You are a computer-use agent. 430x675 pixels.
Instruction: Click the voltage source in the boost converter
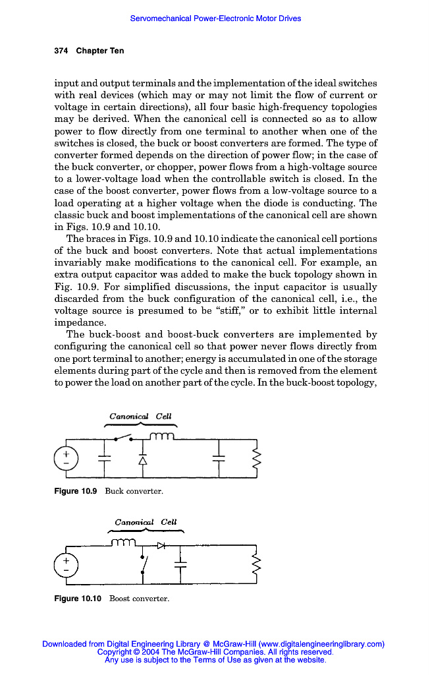coord(66,564)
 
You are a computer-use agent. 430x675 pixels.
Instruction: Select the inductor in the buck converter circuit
coord(162,436)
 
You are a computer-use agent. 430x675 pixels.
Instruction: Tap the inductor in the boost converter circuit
coord(123,543)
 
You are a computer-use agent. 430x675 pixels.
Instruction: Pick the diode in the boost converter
coord(162,545)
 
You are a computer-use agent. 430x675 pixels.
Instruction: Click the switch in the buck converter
coord(123,436)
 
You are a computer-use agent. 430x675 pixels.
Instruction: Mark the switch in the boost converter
coord(144,564)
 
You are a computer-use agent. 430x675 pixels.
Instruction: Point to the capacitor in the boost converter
coord(180,564)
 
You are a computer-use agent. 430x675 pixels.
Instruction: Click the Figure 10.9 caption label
coord(76,491)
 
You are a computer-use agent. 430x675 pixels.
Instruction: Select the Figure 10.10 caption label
coord(78,599)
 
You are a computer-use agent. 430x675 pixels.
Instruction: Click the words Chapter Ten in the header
coord(99,51)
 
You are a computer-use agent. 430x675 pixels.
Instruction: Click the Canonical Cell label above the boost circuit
coord(146,522)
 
